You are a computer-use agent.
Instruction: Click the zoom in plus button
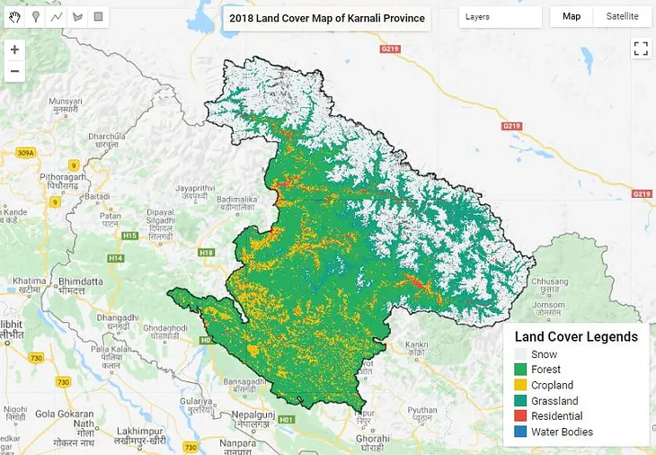pyautogui.click(x=14, y=50)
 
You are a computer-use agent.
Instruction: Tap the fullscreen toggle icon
pyautogui.click(x=641, y=49)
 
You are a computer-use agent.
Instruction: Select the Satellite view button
pyautogui.click(x=622, y=17)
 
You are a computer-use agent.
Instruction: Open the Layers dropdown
pyautogui.click(x=500, y=17)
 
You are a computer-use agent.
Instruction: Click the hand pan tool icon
pyautogui.click(x=14, y=17)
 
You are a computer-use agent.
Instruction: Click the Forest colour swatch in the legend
pyautogui.click(x=520, y=370)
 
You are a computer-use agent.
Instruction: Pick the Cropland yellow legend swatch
pyautogui.click(x=520, y=385)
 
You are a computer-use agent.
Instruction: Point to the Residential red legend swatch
pyautogui.click(x=520, y=416)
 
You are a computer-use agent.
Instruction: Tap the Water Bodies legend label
pyautogui.click(x=562, y=432)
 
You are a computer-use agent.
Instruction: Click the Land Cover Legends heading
pyautogui.click(x=576, y=337)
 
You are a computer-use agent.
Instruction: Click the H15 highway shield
pyautogui.click(x=129, y=236)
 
